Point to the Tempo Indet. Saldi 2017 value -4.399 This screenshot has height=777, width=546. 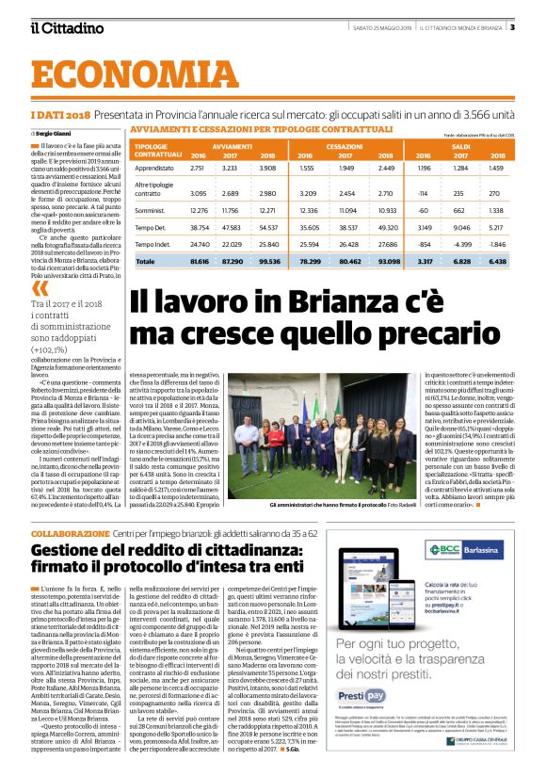pos(462,243)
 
